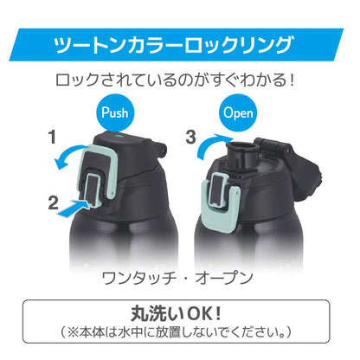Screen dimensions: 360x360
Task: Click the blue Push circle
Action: [x=115, y=112]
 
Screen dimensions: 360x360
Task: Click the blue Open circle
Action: [x=238, y=112]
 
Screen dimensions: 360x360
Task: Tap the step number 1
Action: [x=52, y=137]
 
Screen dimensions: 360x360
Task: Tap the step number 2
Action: [x=54, y=203]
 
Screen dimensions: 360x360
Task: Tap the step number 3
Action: [x=191, y=137]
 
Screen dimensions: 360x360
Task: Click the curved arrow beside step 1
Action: [x=69, y=152]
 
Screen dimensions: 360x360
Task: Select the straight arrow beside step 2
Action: [x=73, y=209]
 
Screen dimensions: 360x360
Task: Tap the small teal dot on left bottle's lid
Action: [x=119, y=137]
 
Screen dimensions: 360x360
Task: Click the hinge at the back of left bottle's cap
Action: [x=163, y=149]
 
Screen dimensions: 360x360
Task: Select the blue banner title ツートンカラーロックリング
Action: [x=172, y=45]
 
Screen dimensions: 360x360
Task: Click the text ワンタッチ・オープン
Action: [x=177, y=279]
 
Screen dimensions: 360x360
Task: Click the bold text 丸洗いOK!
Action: [x=176, y=314]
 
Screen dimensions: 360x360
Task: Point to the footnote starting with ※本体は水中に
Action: [x=177, y=332]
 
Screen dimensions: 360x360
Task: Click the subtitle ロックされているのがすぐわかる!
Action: [x=175, y=80]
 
